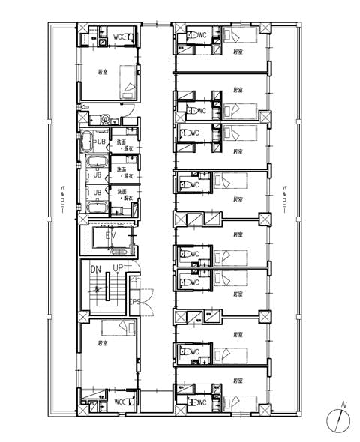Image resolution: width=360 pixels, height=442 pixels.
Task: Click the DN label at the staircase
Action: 95,268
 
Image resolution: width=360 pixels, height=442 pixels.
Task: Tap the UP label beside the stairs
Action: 118,268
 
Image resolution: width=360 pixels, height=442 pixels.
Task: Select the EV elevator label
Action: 111,236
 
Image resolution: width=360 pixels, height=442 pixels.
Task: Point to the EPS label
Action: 135,302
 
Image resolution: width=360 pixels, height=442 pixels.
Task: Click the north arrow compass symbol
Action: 340,420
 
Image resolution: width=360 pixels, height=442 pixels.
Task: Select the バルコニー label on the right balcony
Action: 285,200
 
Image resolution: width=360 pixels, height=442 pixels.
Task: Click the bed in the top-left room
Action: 128,81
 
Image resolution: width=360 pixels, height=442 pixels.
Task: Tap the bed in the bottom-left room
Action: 128,330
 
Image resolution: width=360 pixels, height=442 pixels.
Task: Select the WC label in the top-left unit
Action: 118,36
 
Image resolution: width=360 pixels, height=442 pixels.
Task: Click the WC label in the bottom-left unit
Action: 118,402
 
